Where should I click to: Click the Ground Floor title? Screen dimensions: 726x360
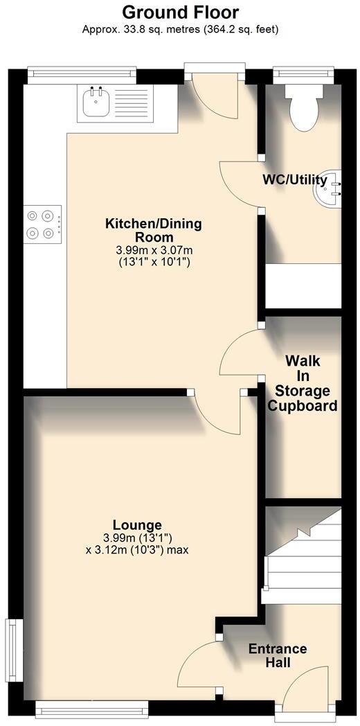click(x=180, y=12)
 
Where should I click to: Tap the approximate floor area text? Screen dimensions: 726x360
click(x=180, y=29)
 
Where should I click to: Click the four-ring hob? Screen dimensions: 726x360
click(x=42, y=224)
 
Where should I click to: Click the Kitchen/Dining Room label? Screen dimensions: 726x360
click(x=153, y=230)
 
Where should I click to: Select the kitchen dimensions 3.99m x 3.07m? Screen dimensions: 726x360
click(x=153, y=249)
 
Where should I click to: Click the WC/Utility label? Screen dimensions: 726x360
click(x=294, y=180)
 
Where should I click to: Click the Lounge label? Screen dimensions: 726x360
click(x=137, y=525)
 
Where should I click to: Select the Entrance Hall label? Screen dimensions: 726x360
click(x=278, y=655)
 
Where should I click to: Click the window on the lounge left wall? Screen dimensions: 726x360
click(x=12, y=644)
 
